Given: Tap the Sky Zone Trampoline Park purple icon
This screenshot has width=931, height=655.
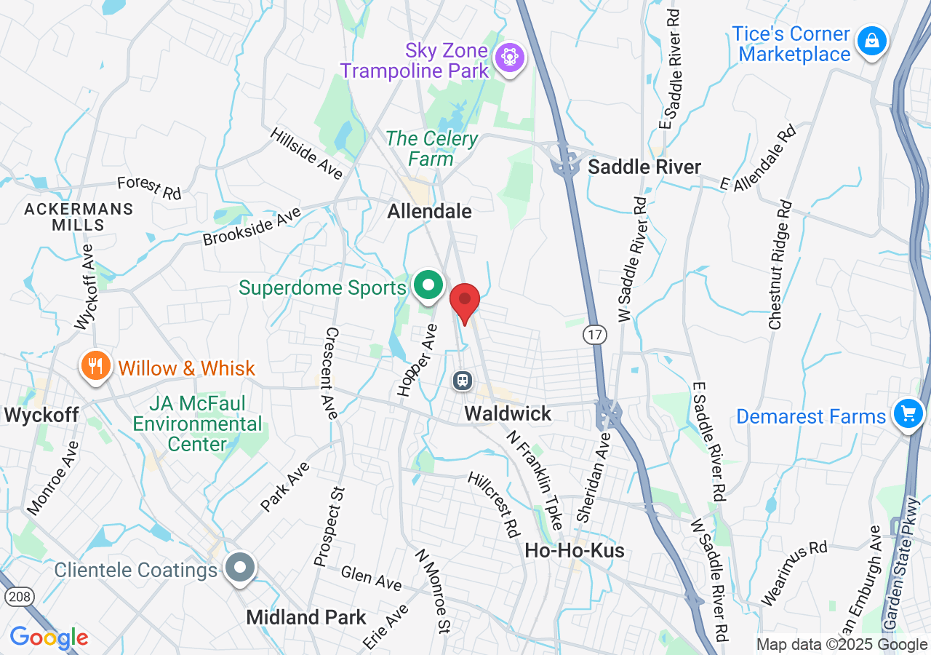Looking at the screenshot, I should [x=510, y=57].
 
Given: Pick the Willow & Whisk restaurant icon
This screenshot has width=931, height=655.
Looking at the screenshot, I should [x=95, y=365].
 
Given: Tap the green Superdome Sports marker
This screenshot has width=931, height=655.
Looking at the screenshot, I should [x=429, y=285].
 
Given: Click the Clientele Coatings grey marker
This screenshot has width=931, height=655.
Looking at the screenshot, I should [x=239, y=567].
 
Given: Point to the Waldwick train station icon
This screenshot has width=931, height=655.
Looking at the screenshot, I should [x=462, y=380].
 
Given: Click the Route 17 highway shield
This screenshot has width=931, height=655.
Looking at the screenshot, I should [x=595, y=335].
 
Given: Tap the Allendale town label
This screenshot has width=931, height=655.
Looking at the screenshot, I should [x=429, y=212].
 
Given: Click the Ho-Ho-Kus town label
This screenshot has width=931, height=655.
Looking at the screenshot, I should [x=575, y=551].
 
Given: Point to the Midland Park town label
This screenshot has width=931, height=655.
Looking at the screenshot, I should [x=306, y=618].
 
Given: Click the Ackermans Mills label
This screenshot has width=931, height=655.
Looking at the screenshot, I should [x=79, y=217].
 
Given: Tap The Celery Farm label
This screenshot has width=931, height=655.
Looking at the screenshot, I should [x=432, y=148].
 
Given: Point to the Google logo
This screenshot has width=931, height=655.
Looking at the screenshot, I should [x=49, y=638].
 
